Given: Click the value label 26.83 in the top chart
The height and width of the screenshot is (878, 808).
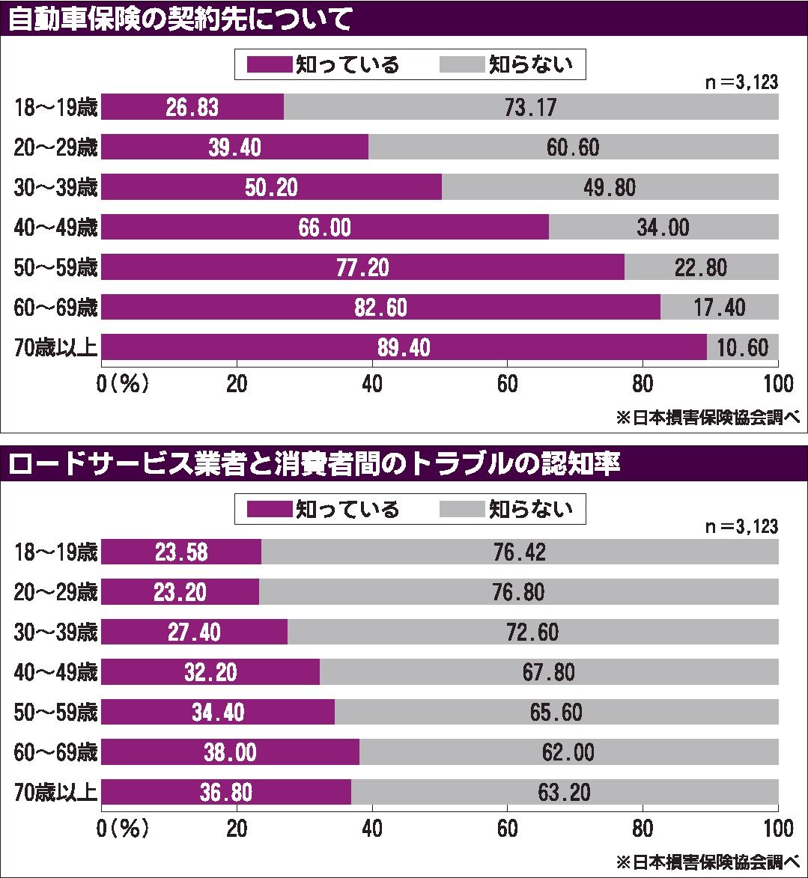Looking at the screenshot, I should coord(193,107).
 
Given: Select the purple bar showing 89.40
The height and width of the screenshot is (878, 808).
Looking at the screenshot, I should coord(404,347).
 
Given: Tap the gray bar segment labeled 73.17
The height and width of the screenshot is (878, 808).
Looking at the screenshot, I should coord(530,107).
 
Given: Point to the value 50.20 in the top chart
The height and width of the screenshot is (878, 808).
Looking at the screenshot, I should coord(271,187).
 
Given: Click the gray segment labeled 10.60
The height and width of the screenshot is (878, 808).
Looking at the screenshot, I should coord(742,347).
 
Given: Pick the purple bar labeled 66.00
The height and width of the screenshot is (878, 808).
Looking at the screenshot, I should coord(324,228).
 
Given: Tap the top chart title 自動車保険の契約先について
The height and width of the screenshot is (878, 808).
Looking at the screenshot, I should coord(180,19).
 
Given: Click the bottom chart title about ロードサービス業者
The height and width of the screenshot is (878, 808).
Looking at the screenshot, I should coord(315,465).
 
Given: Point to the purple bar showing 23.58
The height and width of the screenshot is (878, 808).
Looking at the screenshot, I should coord(181,552).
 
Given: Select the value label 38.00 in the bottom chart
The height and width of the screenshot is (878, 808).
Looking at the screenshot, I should coord(230,752).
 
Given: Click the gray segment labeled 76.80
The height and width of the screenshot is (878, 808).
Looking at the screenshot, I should coord(518,592).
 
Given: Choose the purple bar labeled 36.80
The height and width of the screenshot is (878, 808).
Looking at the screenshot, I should coord(226,792).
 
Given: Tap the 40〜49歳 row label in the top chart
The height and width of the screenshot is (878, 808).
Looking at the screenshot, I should coord(55,228).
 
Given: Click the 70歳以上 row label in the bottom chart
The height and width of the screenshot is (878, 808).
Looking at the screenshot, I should coord(55,792).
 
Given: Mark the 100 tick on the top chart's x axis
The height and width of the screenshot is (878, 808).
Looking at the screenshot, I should coord(778,384).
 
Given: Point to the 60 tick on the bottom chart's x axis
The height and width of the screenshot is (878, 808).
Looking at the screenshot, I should coord(507,829).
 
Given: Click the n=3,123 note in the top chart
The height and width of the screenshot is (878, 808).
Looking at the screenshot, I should coord(741,83).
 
